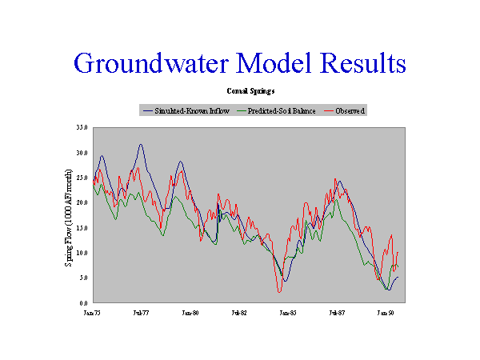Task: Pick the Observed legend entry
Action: tap(346, 110)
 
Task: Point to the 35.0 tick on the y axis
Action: tap(82, 127)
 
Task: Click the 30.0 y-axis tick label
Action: tap(82, 153)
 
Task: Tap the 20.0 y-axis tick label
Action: tap(82, 203)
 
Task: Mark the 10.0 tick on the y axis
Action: tap(82, 253)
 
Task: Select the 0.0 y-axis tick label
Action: tap(83, 303)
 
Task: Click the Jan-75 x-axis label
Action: tap(92, 314)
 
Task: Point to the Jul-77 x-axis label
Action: tap(141, 314)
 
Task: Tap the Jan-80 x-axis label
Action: tap(190, 314)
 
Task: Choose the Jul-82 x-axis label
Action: tap(239, 314)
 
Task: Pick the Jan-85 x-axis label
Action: tap(288, 314)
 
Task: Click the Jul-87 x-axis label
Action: tap(337, 314)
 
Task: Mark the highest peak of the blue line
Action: tap(140, 145)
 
